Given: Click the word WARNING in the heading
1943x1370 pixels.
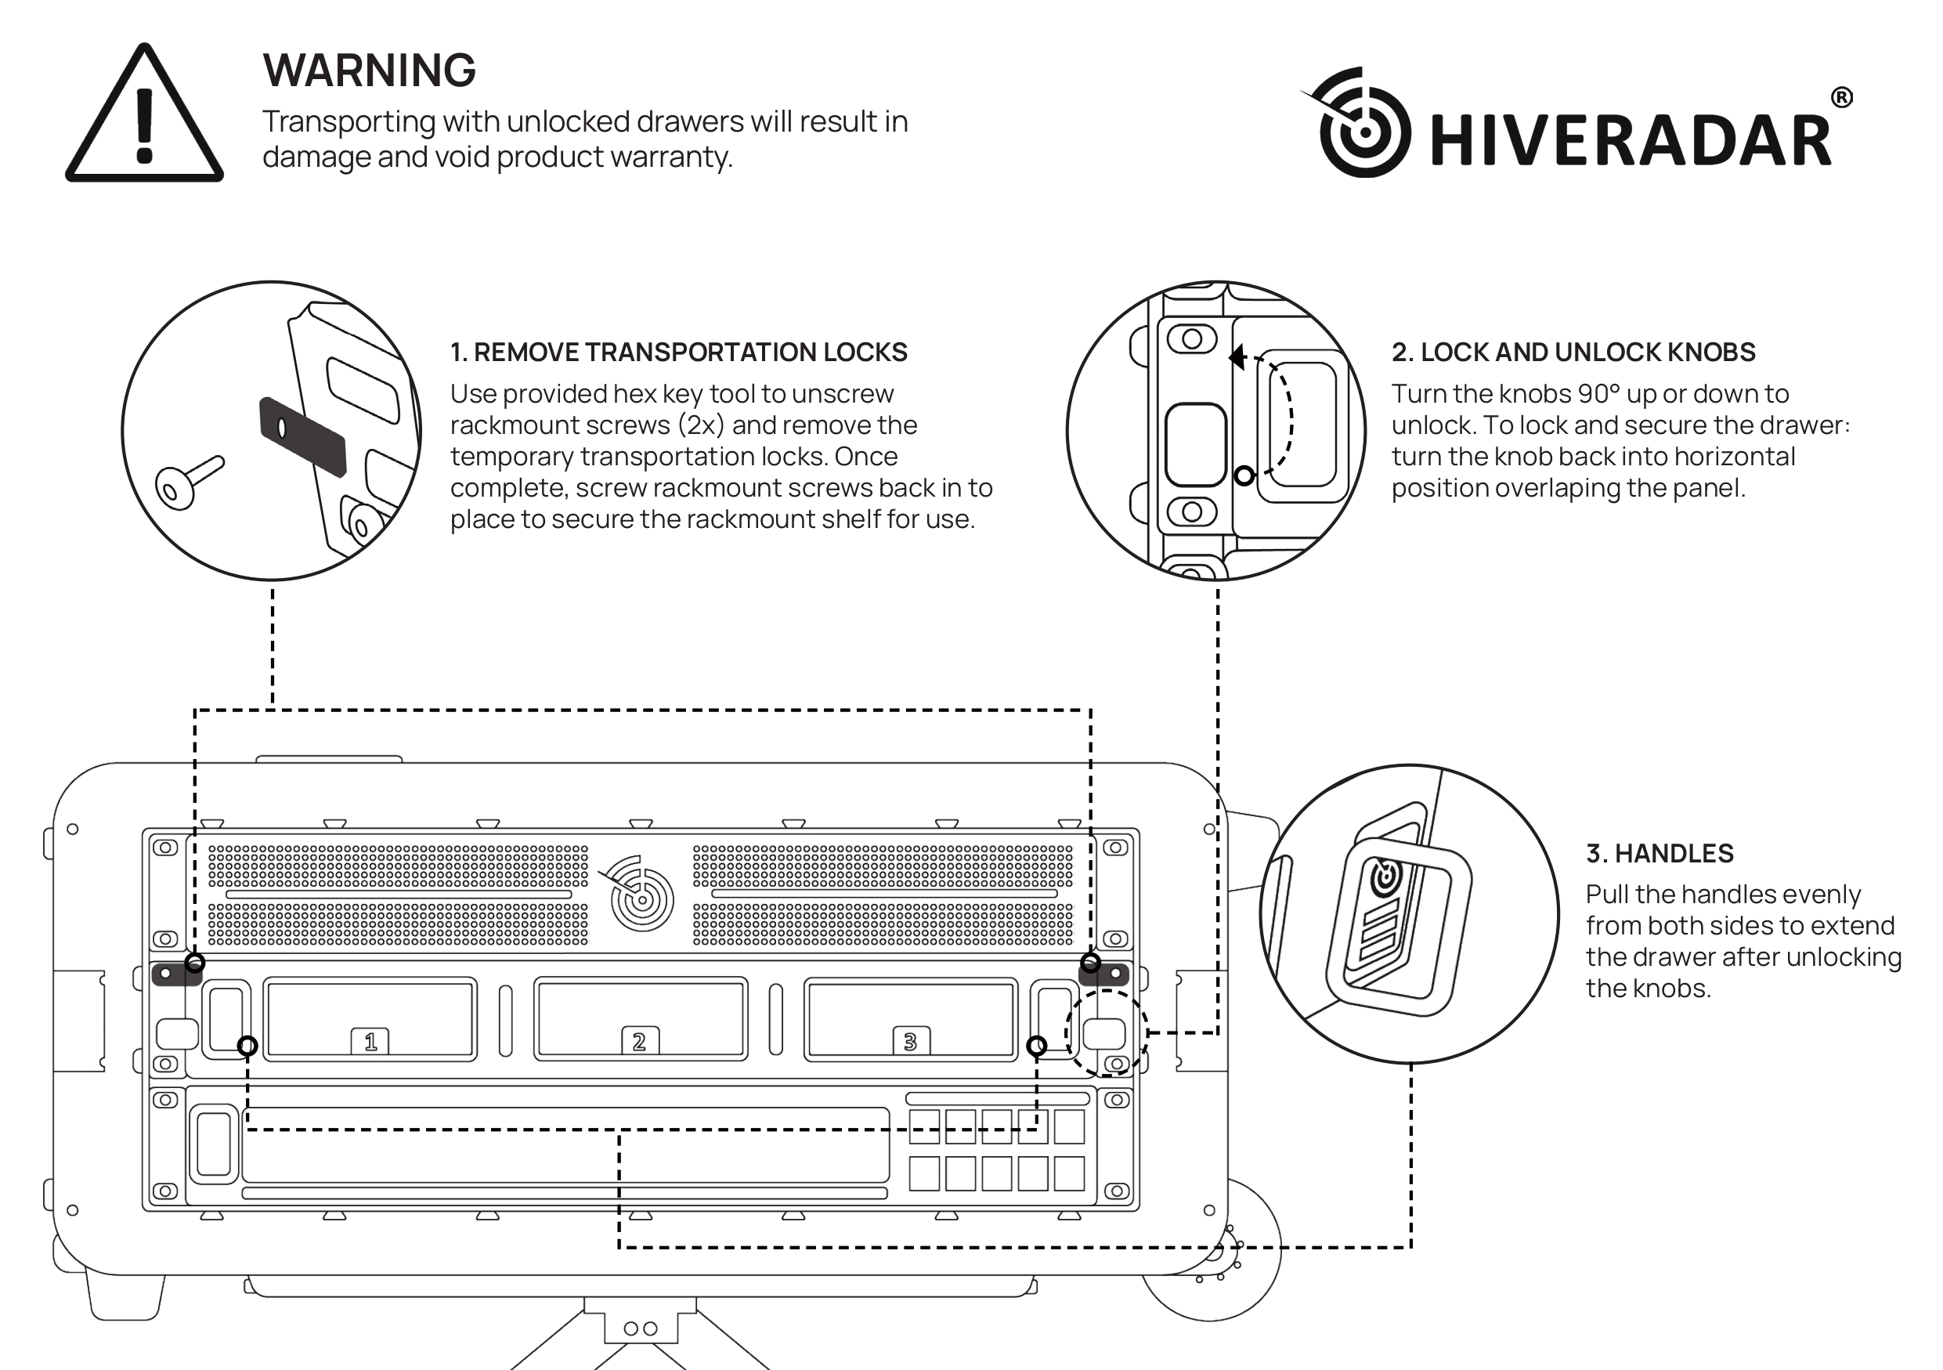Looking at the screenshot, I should [369, 70].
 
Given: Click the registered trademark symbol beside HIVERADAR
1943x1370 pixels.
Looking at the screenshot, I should [1841, 98].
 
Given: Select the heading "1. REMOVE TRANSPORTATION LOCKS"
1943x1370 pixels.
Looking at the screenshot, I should [678, 352].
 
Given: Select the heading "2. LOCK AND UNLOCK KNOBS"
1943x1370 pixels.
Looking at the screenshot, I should [1573, 352].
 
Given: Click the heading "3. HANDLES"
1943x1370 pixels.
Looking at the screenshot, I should [1659, 853].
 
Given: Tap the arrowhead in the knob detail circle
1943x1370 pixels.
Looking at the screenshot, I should [1237, 357].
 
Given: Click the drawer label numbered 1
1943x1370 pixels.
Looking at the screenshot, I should [370, 1041].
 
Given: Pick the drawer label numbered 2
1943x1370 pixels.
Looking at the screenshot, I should [639, 1041].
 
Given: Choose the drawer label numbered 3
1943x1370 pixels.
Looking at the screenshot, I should [910, 1041].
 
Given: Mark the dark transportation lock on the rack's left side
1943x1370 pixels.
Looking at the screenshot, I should [175, 973].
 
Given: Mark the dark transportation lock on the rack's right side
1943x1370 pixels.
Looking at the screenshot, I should [1105, 973].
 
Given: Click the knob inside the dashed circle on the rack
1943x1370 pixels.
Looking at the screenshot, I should [1104, 1034].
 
